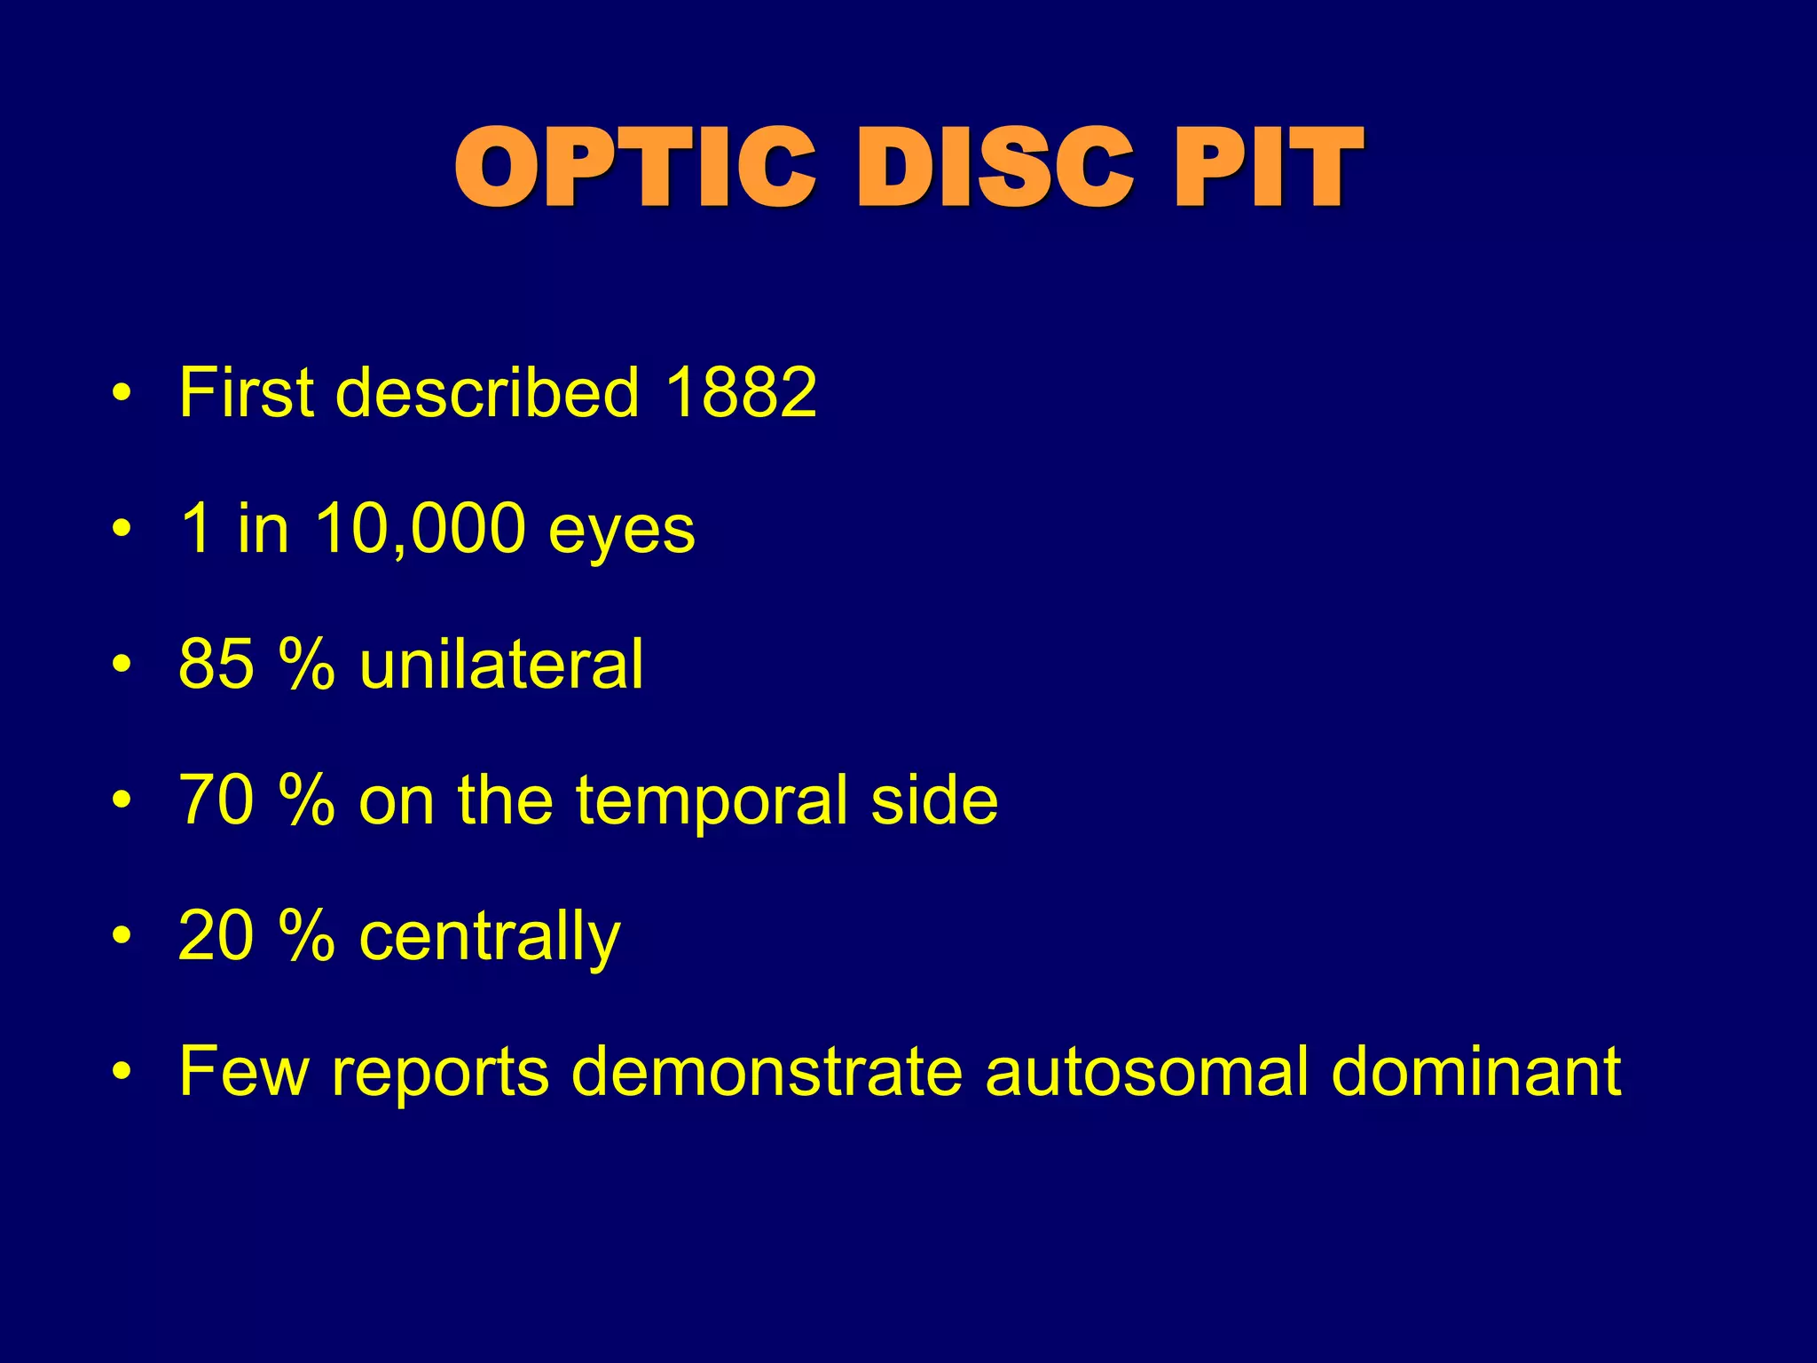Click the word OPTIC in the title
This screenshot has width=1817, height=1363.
point(635,169)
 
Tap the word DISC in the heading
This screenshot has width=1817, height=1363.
point(995,169)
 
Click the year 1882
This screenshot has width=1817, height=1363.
point(741,392)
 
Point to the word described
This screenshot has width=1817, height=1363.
point(487,392)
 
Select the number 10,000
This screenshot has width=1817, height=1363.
point(421,530)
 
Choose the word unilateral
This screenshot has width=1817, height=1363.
point(501,665)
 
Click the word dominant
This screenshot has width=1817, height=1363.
point(1476,1072)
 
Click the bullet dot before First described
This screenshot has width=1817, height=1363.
point(122,393)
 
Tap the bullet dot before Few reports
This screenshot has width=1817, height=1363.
point(122,1072)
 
